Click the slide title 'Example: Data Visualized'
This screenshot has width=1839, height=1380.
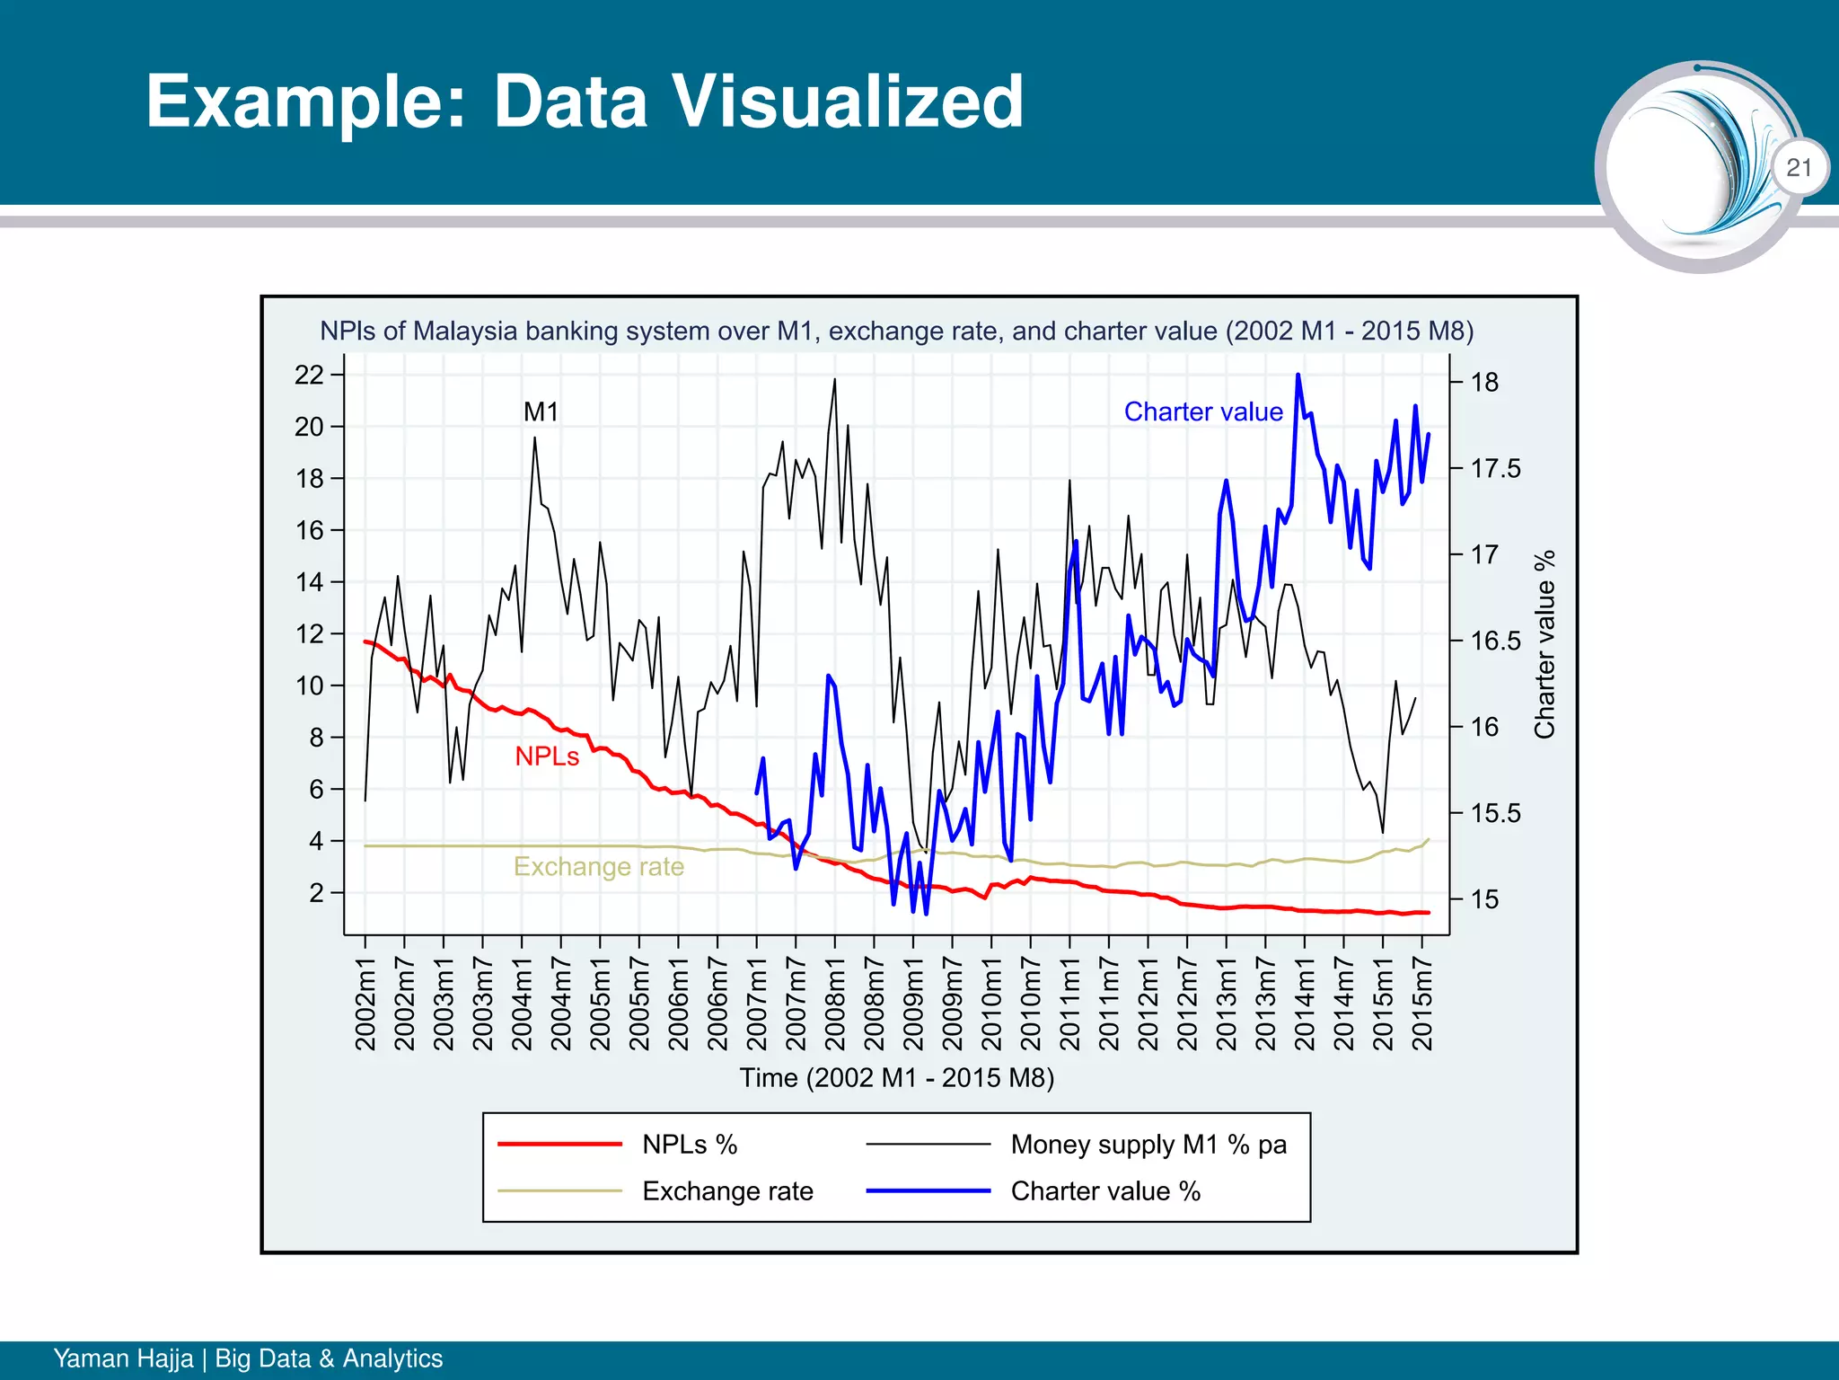pyautogui.click(x=585, y=101)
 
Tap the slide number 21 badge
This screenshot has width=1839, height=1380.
pyautogui.click(x=1799, y=167)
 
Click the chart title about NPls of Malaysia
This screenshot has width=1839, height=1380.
pyautogui.click(x=896, y=331)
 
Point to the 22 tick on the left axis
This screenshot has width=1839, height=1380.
pyautogui.click(x=309, y=375)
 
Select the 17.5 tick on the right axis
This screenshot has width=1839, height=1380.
pyautogui.click(x=1495, y=468)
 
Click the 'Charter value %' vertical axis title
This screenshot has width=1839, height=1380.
pyautogui.click(x=1544, y=644)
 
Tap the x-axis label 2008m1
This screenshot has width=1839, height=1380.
pyautogui.click(x=835, y=1004)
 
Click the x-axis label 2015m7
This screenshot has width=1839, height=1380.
pyautogui.click(x=1421, y=1004)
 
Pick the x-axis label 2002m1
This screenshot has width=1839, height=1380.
pyautogui.click(x=365, y=1004)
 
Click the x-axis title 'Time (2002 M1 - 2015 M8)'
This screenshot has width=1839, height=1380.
pyautogui.click(x=896, y=1077)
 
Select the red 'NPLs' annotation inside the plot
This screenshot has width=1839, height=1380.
pyautogui.click(x=547, y=756)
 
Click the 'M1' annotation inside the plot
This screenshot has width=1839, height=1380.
pyautogui.click(x=541, y=412)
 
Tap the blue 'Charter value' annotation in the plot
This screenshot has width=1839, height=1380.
pyautogui.click(x=1203, y=411)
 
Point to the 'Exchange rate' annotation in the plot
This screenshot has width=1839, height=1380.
pyautogui.click(x=598, y=866)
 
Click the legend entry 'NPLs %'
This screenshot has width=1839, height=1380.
pyautogui.click(x=690, y=1144)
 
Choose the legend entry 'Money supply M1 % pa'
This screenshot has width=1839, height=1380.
pyautogui.click(x=1148, y=1144)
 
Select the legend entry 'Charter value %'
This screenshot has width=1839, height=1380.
pyautogui.click(x=1105, y=1190)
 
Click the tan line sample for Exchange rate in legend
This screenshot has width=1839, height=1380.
pyautogui.click(x=559, y=1190)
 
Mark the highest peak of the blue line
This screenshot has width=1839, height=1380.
pyautogui.click(x=1298, y=376)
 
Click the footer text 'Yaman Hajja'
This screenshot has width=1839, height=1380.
pyautogui.click(x=123, y=1358)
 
